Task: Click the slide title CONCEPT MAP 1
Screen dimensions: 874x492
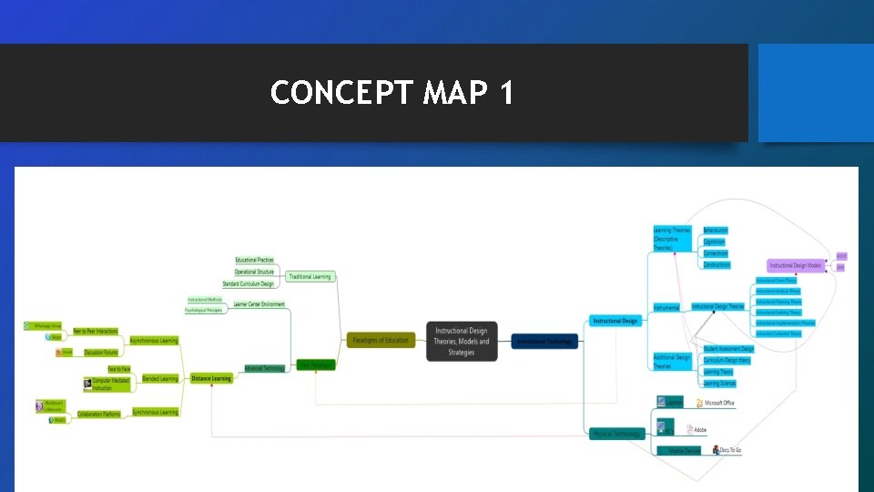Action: [x=392, y=93]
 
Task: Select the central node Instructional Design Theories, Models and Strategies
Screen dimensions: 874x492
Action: [x=462, y=342]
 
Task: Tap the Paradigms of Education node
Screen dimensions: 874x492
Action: [x=381, y=341]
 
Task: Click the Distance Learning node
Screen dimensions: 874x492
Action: [x=211, y=378]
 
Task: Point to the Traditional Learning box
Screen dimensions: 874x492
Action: [x=310, y=276]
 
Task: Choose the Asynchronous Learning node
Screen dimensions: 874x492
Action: [x=154, y=341]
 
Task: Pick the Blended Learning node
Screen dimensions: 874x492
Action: [x=160, y=378]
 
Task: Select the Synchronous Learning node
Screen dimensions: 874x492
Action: [x=156, y=412]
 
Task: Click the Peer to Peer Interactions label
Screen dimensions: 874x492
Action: [x=95, y=331]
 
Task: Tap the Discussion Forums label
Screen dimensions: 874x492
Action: [x=101, y=352]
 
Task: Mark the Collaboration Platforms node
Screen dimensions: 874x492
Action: [x=98, y=415]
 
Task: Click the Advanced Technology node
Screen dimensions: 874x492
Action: [x=264, y=368]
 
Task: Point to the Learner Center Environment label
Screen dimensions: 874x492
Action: [x=259, y=304]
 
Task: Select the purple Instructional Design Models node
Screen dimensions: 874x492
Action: [x=796, y=265]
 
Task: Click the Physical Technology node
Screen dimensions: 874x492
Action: [x=616, y=434]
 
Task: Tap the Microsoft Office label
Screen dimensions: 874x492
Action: [x=719, y=403]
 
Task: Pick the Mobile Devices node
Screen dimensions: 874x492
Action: [x=679, y=450]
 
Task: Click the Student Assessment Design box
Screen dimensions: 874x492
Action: [x=728, y=348]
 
